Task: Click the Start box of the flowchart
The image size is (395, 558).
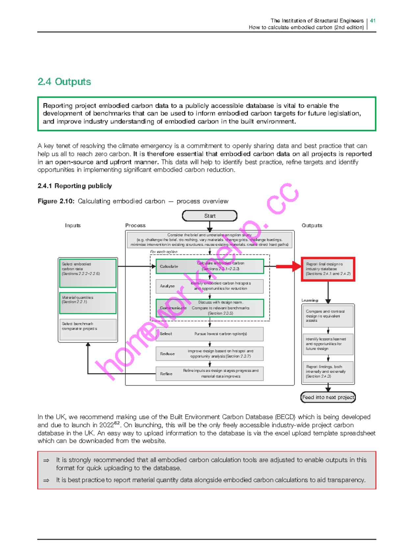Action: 210,216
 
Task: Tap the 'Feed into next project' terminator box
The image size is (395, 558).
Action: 328,397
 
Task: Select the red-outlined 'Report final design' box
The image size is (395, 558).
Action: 328,269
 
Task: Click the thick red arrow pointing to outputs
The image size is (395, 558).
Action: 289,266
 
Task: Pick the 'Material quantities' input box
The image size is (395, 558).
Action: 88,303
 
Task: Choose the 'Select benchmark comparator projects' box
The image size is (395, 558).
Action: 88,329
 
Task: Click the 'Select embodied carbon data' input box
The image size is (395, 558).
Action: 88,273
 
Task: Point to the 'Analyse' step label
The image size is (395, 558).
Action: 167,286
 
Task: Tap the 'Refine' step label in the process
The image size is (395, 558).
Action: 166,374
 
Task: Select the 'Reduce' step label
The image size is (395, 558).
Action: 167,354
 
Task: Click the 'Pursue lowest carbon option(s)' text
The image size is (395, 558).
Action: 221,334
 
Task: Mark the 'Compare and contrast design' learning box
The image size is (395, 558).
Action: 328,316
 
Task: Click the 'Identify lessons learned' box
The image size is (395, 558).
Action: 328,344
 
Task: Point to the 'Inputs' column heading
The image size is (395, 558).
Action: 73,225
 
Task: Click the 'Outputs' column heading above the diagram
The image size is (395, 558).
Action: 312,225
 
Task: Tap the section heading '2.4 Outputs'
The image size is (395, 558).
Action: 64,82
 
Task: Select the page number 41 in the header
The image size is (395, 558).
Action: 373,20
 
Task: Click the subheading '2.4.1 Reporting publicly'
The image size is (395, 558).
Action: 75,186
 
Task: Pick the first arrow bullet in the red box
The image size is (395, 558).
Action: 46,461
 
